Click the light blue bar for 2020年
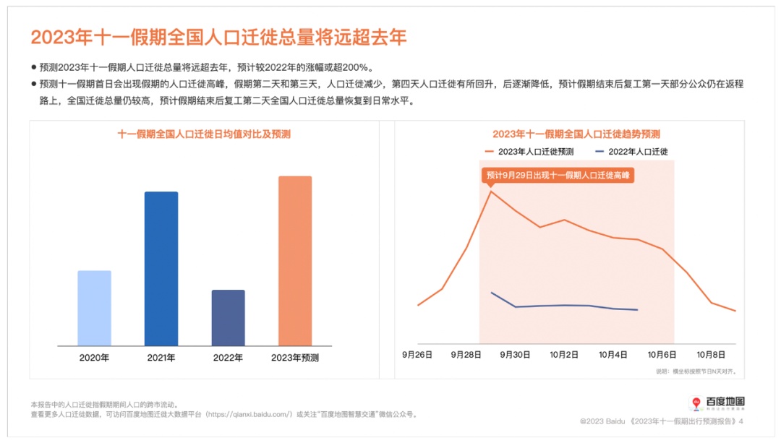[94, 308]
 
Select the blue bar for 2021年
[161, 268]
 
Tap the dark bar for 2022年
[228, 317]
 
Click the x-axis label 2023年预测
[295, 358]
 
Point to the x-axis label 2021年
[161, 358]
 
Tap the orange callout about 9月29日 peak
[558, 175]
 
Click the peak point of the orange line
[492, 191]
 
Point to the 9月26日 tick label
[417, 355]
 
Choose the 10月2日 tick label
[565, 355]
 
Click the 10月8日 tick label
[711, 355]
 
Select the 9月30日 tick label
[516, 355]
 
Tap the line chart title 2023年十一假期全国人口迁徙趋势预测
[576, 134]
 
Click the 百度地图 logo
[716, 403]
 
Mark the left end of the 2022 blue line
[492, 293]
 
